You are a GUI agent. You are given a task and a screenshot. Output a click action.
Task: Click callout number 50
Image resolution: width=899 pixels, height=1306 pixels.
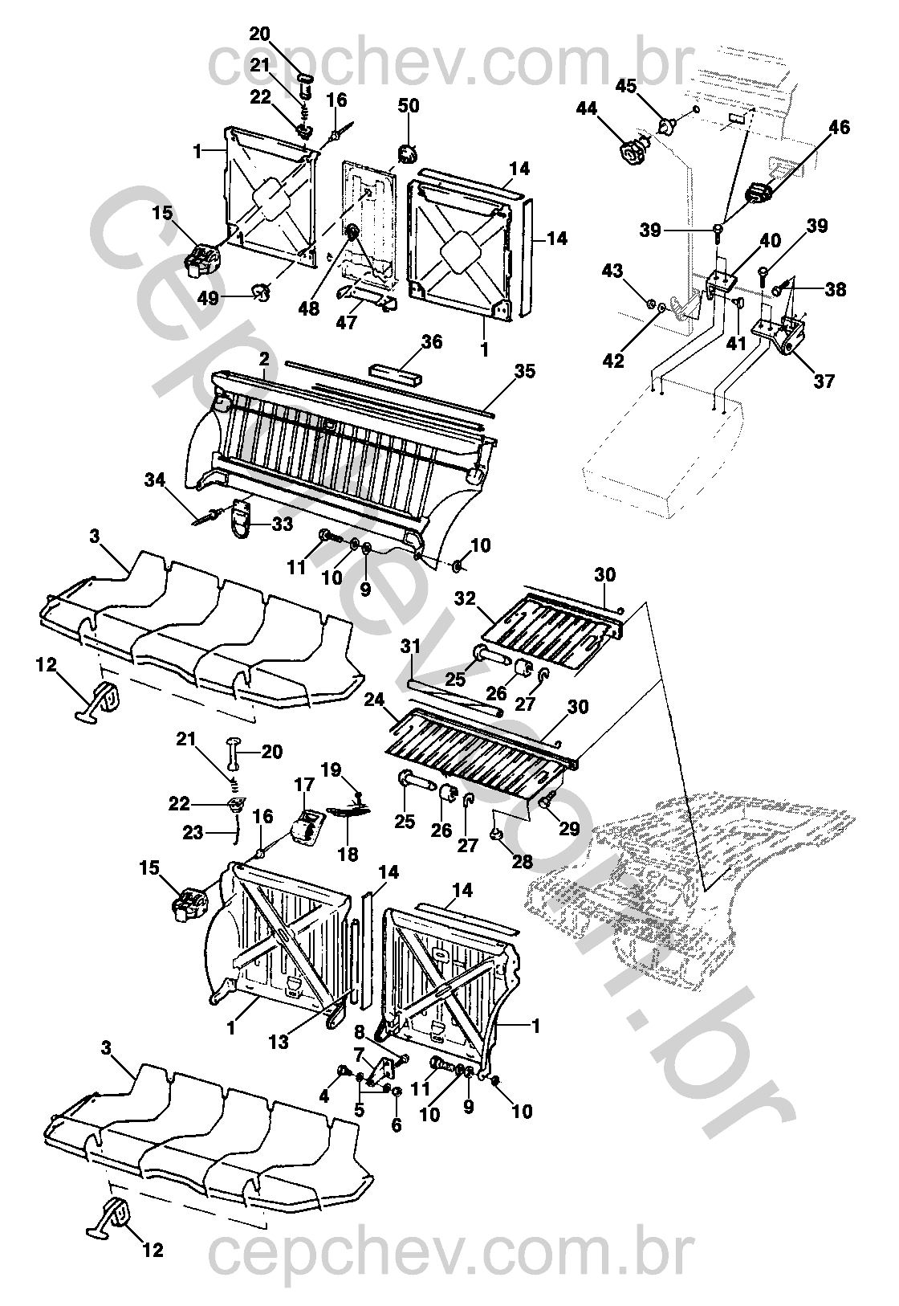[x=409, y=106]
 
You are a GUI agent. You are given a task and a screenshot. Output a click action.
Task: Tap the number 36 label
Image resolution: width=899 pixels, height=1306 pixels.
[x=432, y=341]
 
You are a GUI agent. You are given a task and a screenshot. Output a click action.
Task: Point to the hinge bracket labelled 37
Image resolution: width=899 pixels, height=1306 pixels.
[x=784, y=335]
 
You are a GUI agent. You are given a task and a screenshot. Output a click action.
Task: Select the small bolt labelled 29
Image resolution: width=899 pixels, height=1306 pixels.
[x=548, y=802]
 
